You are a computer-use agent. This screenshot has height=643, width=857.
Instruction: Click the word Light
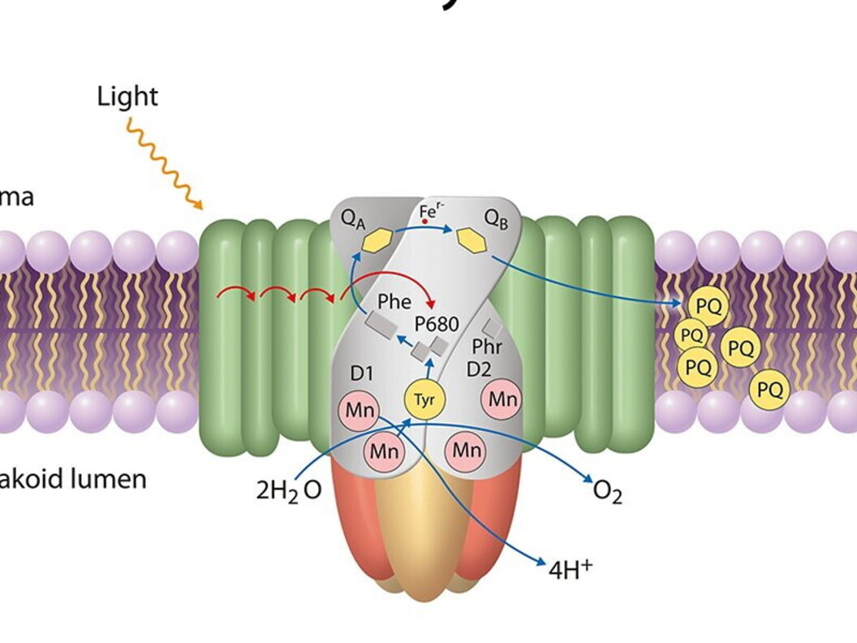127,97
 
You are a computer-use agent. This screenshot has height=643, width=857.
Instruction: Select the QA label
353,218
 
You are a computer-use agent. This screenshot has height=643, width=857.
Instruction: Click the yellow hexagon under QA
377,240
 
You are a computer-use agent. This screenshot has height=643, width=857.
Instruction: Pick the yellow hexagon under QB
471,240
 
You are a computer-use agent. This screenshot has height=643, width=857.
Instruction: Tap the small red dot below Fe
424,221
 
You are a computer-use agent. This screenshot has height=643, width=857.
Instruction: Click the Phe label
394,302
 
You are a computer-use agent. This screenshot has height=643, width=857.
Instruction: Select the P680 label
437,324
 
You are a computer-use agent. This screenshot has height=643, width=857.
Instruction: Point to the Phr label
487,347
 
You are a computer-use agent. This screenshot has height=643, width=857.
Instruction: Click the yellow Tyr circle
425,399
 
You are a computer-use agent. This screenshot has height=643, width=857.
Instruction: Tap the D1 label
362,373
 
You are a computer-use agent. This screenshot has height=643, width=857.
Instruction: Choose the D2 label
479,369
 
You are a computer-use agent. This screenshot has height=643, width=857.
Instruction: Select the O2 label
607,491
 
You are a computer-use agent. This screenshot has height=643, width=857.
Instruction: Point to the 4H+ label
571,569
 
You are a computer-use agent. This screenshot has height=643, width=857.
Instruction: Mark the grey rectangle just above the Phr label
491,328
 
